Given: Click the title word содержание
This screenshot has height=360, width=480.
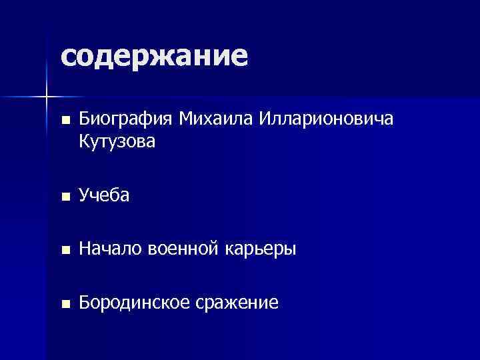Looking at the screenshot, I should pos(154,56).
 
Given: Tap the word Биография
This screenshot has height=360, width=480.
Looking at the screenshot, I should pos(125,121).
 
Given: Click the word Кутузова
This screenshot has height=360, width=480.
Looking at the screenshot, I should pos(117,141).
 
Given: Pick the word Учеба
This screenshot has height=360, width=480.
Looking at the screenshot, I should pos(104,195).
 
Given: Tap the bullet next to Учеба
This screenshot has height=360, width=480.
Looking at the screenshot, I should pos(64,197).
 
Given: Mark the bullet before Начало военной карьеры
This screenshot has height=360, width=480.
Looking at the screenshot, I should pos(64,251).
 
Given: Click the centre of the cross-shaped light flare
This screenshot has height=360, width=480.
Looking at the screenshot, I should pos(47,97).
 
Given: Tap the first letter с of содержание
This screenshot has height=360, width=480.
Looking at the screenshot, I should pos(67,57).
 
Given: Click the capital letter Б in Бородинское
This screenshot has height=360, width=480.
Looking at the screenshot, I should pos(84,303).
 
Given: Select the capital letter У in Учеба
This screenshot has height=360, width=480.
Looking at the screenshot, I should pos(84,195).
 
